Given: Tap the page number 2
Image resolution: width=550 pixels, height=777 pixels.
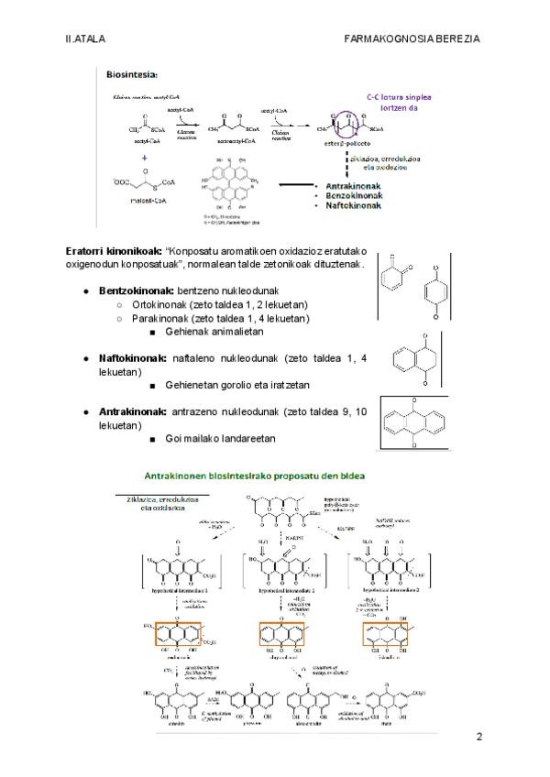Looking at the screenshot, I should (x=478, y=737).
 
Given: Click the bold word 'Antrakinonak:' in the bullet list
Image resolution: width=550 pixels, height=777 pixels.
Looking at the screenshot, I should (x=133, y=412).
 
